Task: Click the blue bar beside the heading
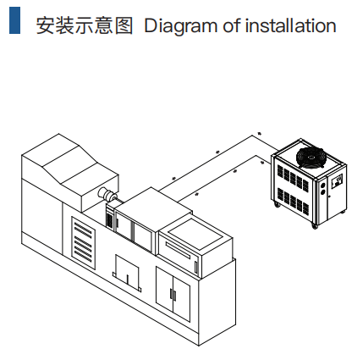pyautogui.click(x=14, y=20)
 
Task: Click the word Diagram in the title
pyautogui.click(x=181, y=26)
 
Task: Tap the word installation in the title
pyautogui.click(x=290, y=25)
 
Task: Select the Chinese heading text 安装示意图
pyautogui.click(x=85, y=25)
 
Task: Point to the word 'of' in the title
pyautogui.click(x=231, y=25)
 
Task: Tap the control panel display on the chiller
pyautogui.click(x=337, y=181)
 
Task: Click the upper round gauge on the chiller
pyautogui.click(x=322, y=186)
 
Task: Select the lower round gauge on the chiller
pyautogui.click(x=322, y=192)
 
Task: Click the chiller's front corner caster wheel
pyautogui.click(x=314, y=225)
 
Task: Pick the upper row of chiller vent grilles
pyautogui.click(x=293, y=177)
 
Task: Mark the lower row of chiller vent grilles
pyautogui.click(x=293, y=200)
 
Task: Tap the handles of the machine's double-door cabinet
pyautogui.click(x=173, y=295)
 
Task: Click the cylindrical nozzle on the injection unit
pyautogui.click(x=107, y=194)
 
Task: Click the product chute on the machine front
pyautogui.click(x=127, y=274)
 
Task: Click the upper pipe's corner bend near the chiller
pyautogui.click(x=253, y=136)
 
